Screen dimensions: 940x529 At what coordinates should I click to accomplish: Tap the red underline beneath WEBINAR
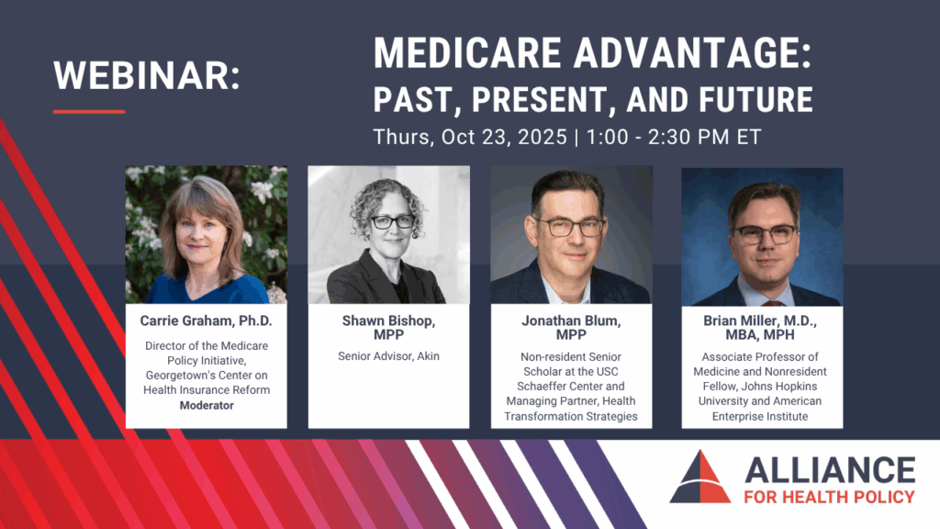pyautogui.click(x=89, y=111)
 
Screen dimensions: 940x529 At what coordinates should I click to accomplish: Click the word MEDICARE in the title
pyautogui.click(x=467, y=52)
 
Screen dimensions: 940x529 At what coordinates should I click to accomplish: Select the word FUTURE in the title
pyautogui.click(x=756, y=99)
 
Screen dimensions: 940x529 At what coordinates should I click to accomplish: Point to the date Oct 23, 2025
pyautogui.click(x=504, y=137)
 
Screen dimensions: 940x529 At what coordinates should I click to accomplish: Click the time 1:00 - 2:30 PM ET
pyautogui.click(x=674, y=137)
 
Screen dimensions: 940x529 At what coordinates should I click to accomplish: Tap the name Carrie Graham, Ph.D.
pyautogui.click(x=207, y=321)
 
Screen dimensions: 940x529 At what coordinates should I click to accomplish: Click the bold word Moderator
pyautogui.click(x=207, y=405)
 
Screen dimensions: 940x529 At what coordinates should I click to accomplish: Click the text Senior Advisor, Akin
pyautogui.click(x=388, y=356)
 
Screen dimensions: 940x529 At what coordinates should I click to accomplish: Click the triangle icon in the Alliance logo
pyautogui.click(x=700, y=478)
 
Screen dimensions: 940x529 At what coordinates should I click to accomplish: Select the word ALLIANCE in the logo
pyautogui.click(x=830, y=470)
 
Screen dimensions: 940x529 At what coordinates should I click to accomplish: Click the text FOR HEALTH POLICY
pyautogui.click(x=830, y=497)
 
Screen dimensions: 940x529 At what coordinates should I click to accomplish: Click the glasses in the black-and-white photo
pyautogui.click(x=392, y=222)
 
